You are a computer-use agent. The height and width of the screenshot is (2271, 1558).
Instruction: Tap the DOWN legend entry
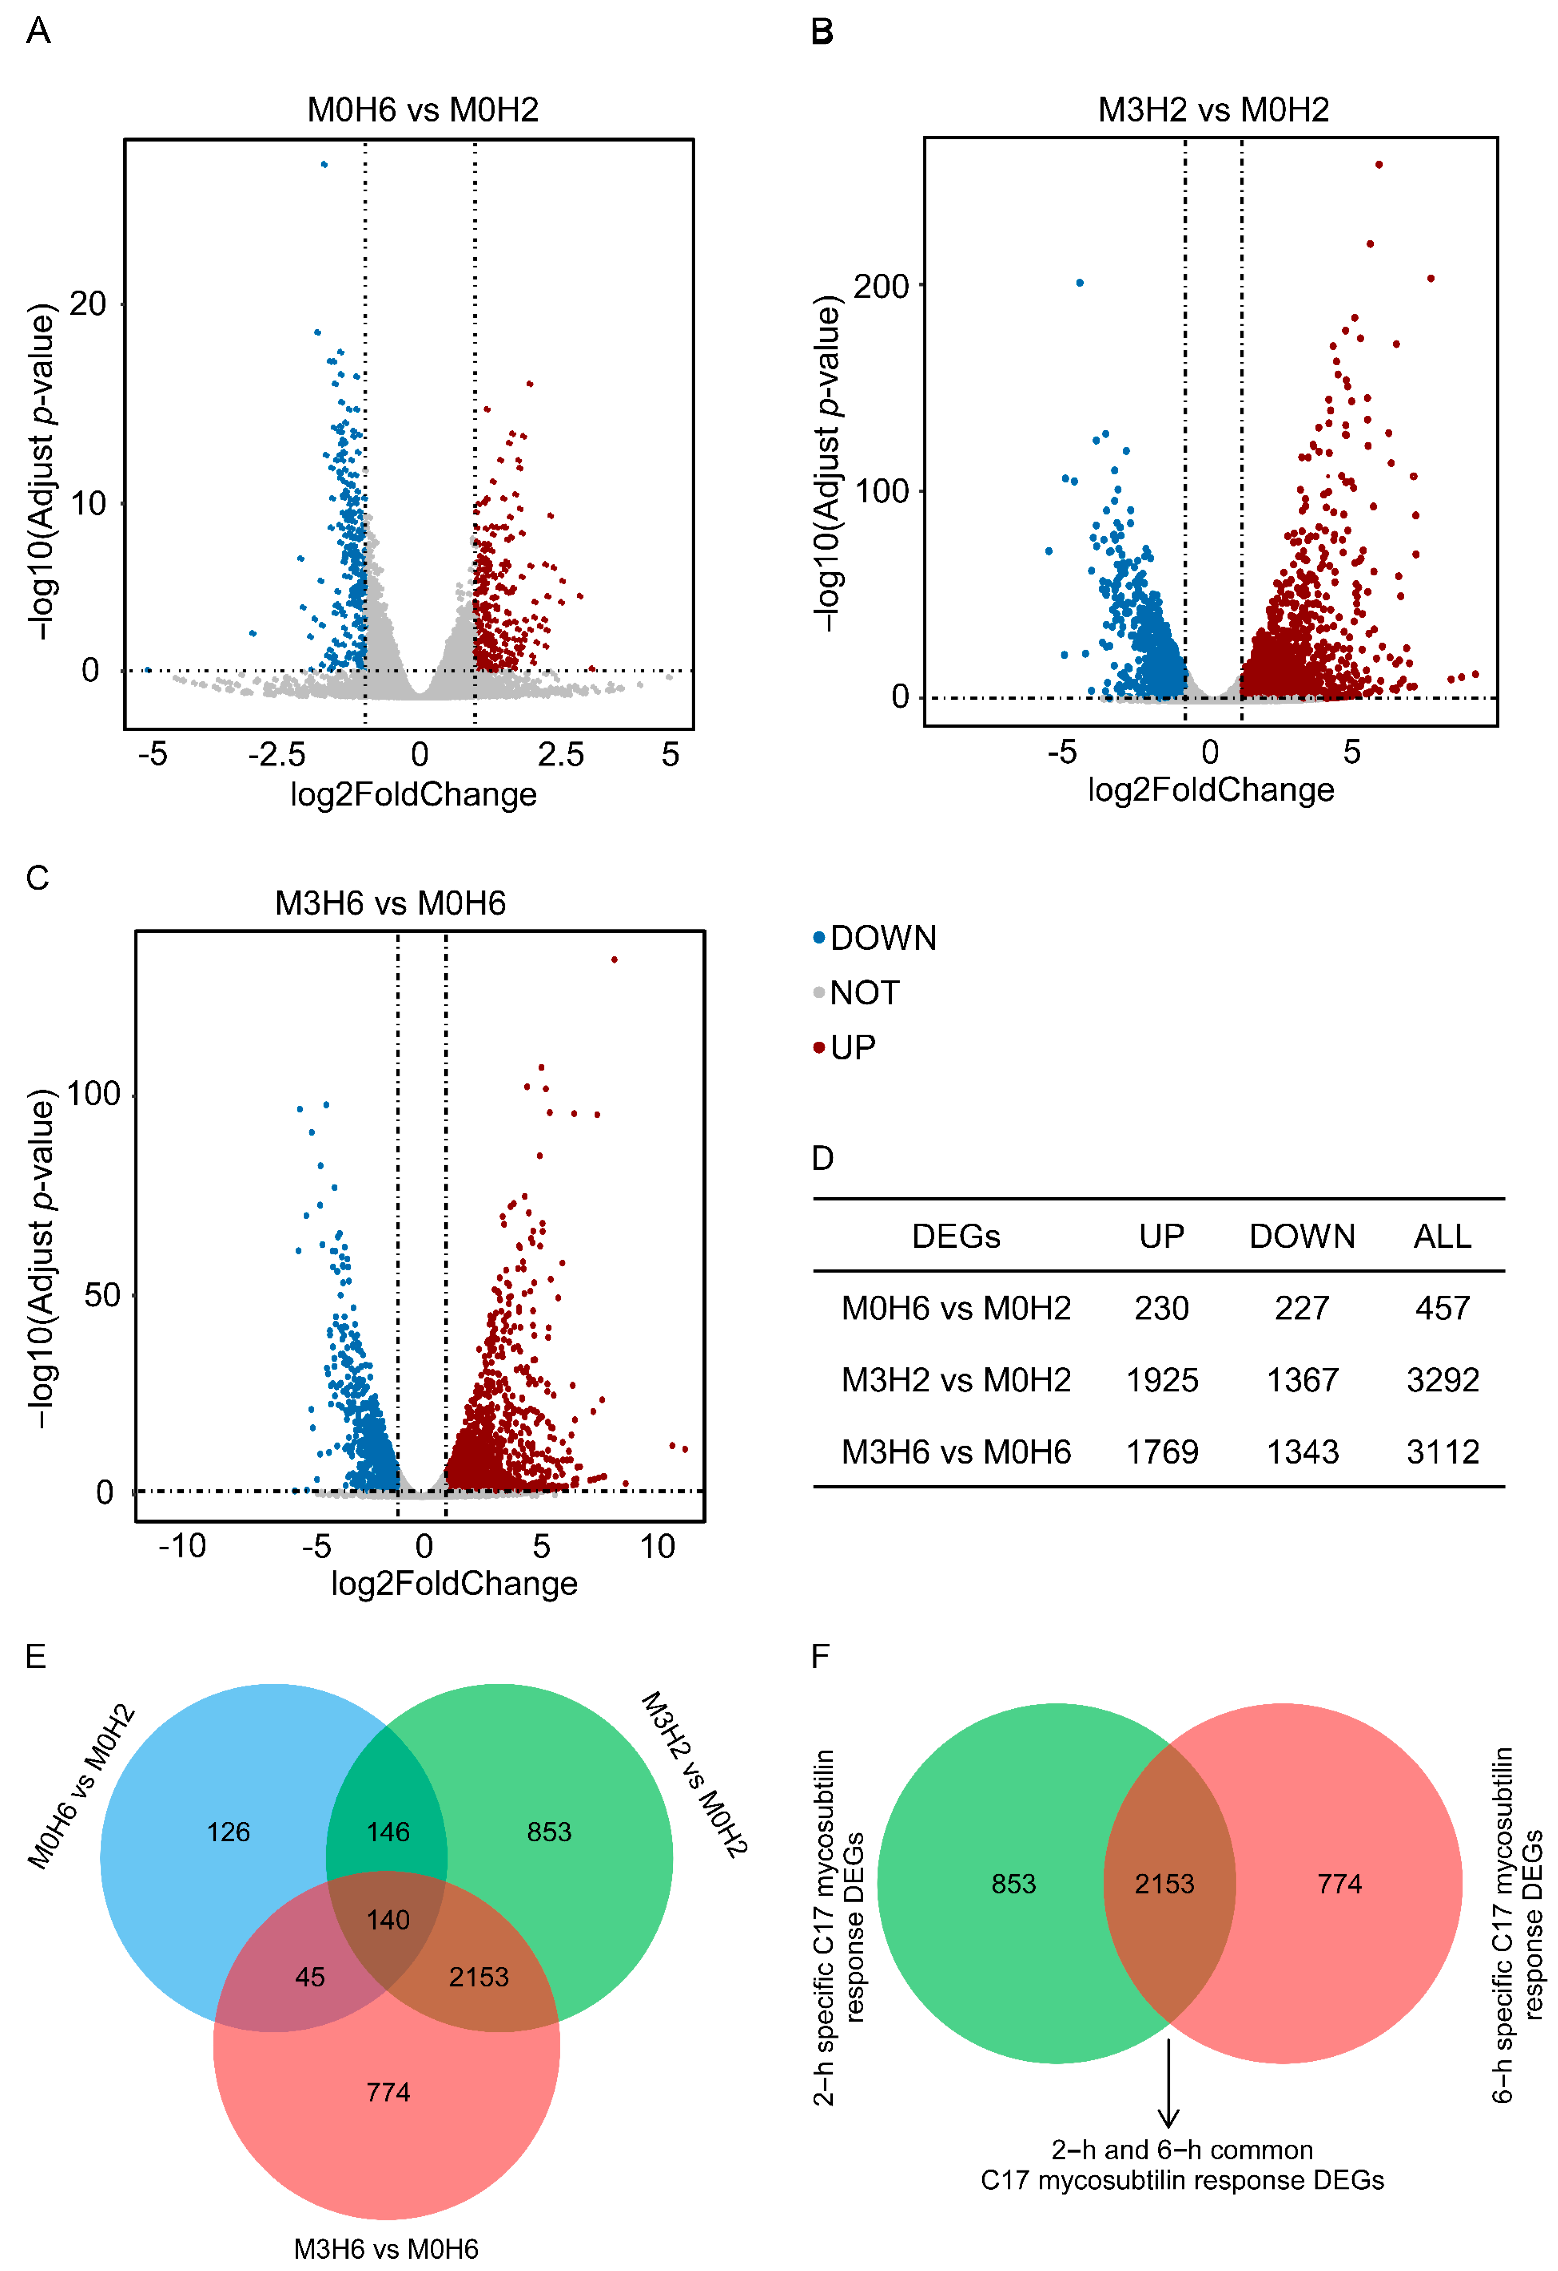pyautogui.click(x=882, y=938)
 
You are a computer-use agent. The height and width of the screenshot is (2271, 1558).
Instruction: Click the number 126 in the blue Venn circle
pyautogui.click(x=229, y=1832)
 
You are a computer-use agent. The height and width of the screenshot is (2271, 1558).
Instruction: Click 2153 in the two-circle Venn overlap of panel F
pyautogui.click(x=1164, y=1884)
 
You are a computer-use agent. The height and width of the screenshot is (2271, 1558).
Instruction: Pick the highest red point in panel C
pyautogui.click(x=614, y=959)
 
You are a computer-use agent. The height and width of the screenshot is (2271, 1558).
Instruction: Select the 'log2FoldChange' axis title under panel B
pyautogui.click(x=1211, y=789)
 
